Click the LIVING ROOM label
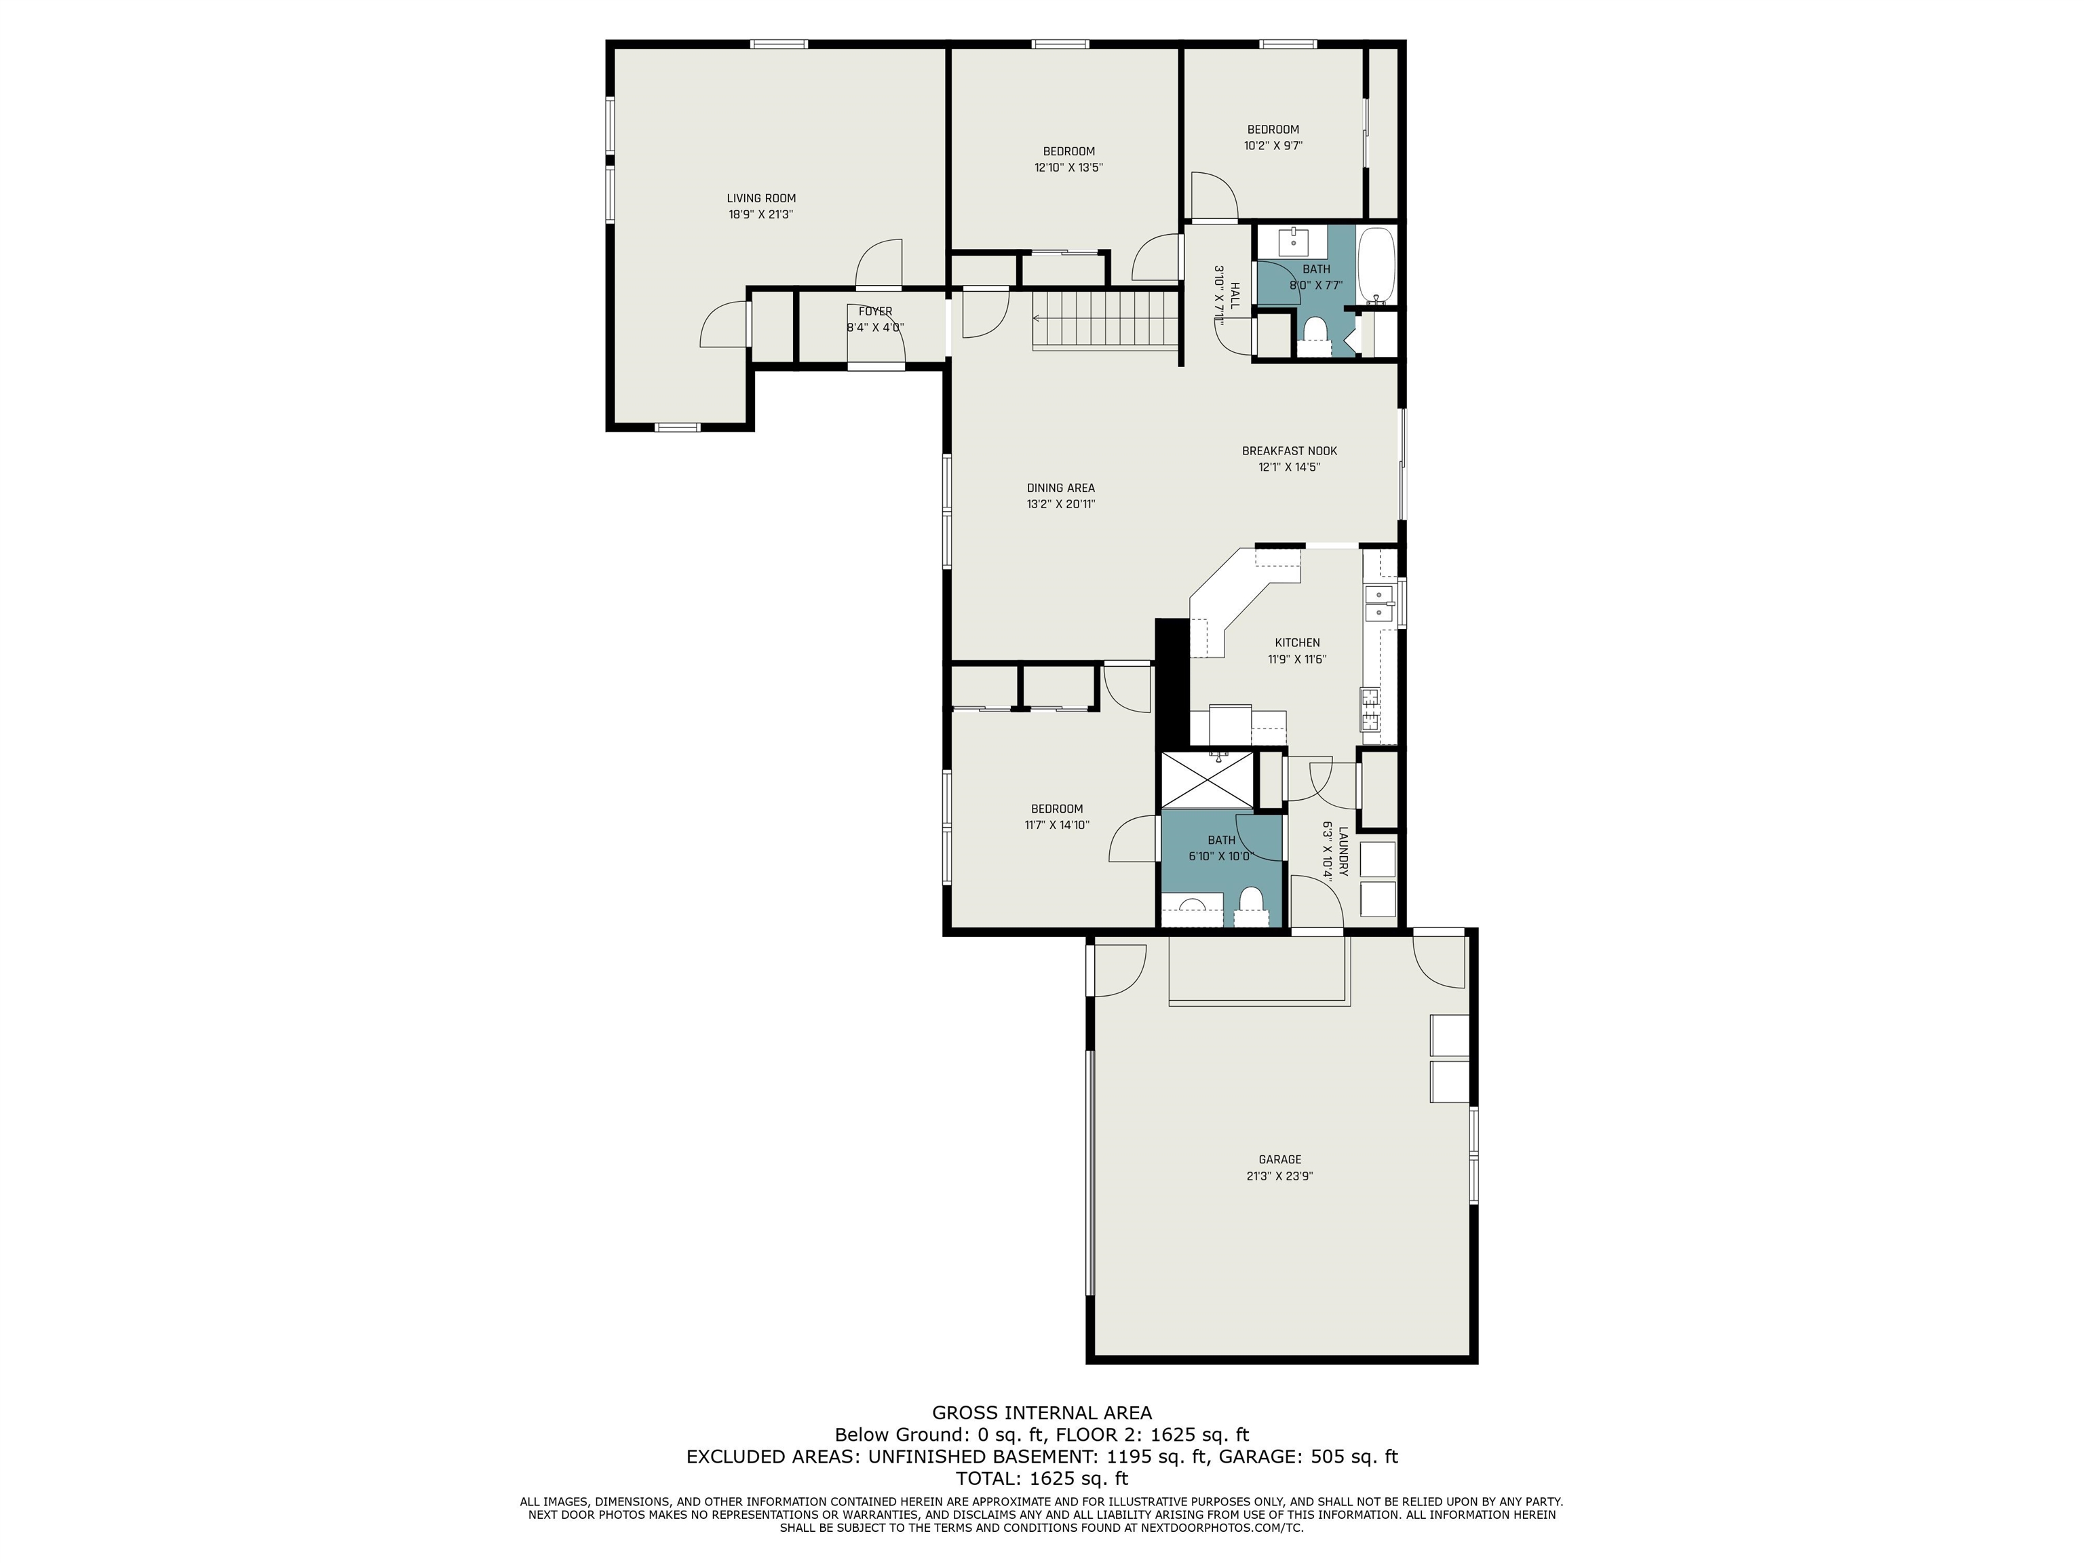[x=760, y=198]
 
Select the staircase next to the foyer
[x=1106, y=320]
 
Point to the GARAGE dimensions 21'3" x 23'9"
[x=1279, y=1176]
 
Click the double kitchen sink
[x=1378, y=603]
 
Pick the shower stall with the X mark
[x=1207, y=779]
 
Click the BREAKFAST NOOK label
[x=1289, y=450]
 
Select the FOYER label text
[x=874, y=311]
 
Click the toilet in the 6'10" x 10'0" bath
[x=1250, y=902]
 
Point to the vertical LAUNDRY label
[x=1343, y=851]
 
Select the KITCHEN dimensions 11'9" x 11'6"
[x=1296, y=659]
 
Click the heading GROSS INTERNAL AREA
[x=1041, y=1412]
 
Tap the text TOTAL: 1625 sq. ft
[x=1041, y=1478]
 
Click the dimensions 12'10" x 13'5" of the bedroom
[x=1068, y=168]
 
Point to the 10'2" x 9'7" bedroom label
[x=1273, y=129]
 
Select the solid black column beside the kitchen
[x=1172, y=683]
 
